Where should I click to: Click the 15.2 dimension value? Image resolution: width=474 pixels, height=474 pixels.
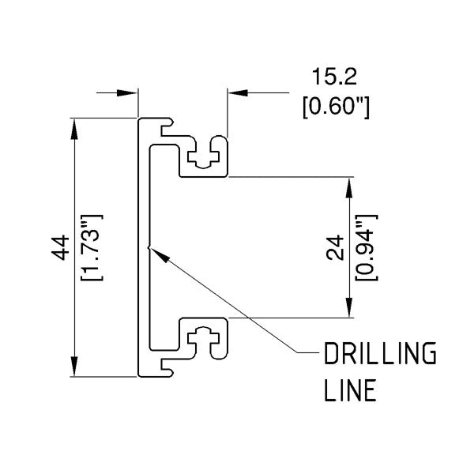coord(336,78)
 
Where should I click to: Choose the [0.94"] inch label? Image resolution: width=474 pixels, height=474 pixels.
coord(365,247)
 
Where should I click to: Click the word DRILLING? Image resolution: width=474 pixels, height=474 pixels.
coord(380,355)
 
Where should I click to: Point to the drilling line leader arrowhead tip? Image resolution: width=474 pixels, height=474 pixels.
coord(151,249)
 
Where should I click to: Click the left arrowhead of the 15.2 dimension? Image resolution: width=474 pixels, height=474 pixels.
coord(132,93)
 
